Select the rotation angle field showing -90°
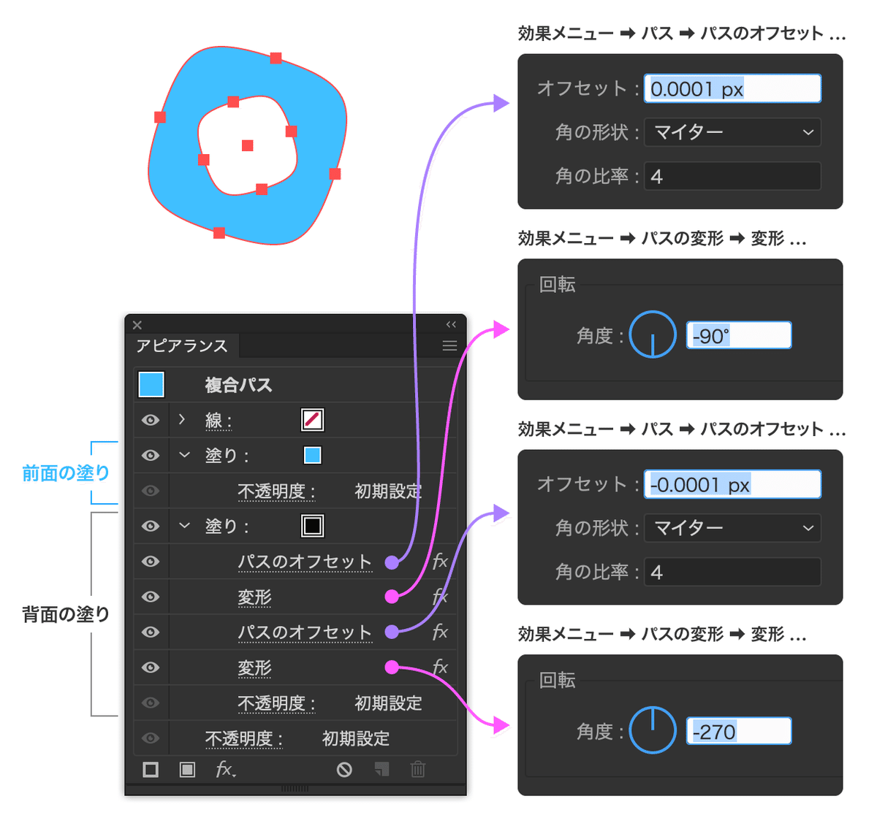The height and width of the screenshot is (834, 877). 738,336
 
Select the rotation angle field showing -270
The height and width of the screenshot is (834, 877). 738,732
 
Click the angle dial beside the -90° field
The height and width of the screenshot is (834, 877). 653,335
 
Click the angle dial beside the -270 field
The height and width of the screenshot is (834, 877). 653,730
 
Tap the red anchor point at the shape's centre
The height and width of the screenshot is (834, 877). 248,146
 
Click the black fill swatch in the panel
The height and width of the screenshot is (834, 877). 313,526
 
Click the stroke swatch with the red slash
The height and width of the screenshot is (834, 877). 313,420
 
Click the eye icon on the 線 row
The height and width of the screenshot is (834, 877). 151,420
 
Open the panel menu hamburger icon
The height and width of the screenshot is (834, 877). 449,346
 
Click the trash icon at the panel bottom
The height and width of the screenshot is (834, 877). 418,769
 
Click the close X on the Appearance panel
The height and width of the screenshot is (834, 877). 137,325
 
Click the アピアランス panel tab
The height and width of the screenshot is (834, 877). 182,346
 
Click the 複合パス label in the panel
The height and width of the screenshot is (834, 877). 238,385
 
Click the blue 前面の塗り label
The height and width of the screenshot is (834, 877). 66,473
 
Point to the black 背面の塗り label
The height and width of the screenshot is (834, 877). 66,615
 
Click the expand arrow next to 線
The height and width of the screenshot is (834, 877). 182,420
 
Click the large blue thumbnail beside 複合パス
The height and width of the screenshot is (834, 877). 151,384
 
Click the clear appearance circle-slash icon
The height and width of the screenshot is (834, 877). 344,769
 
